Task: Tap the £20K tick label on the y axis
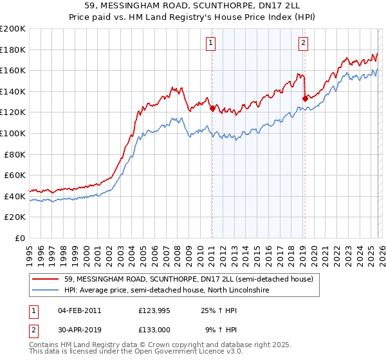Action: (15, 217)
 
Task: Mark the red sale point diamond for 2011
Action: (212, 109)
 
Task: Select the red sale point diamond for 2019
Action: (305, 99)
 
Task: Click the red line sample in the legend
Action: (46, 279)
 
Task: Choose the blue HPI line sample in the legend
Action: (46, 291)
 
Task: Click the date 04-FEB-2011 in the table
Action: (79, 310)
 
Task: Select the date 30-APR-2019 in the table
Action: (79, 330)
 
